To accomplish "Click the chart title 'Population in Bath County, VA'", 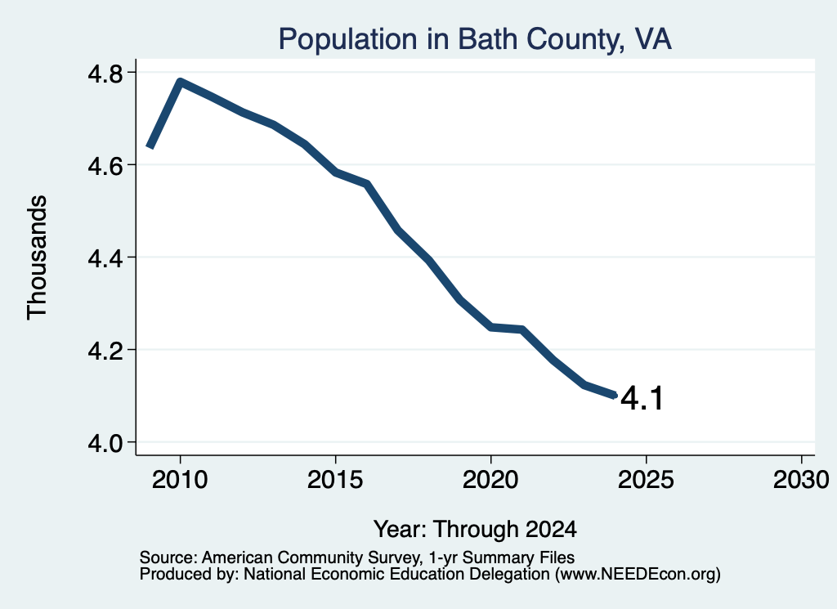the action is [x=475, y=39].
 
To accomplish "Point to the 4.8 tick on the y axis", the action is [x=105, y=73].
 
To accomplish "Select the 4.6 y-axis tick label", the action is [x=105, y=165].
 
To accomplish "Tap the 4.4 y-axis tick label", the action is [x=105, y=257].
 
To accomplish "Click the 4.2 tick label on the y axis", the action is [x=105, y=350].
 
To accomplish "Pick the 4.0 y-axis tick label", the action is [x=105, y=442].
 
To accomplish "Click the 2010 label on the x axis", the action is [x=180, y=479].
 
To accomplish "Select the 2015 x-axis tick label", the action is [x=335, y=479].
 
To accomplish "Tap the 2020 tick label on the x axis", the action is [x=490, y=479].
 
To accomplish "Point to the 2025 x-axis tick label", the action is [x=646, y=479].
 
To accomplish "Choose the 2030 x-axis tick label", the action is [x=801, y=479].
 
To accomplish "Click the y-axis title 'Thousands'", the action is [x=38, y=257].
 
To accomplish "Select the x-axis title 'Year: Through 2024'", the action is [x=475, y=529].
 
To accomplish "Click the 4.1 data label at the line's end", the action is [x=642, y=398].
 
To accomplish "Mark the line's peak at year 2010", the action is [x=181, y=83].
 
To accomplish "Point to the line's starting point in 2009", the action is [x=150, y=146].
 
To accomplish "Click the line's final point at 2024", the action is [x=615, y=395].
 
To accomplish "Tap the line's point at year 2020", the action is [x=491, y=327].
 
